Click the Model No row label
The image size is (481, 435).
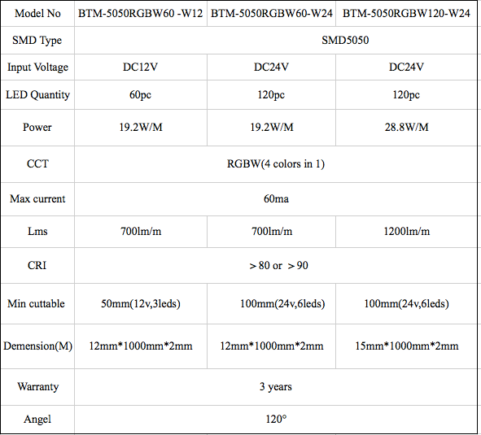[x=37, y=13]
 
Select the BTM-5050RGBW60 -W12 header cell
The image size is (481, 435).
[x=141, y=13]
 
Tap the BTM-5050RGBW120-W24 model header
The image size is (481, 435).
[x=406, y=13]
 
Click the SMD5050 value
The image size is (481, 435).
[x=345, y=40]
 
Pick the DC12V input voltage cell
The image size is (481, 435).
[x=140, y=67]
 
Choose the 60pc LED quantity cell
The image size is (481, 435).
[x=140, y=95]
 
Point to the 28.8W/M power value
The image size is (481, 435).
[x=406, y=127]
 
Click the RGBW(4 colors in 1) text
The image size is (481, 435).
[x=276, y=163]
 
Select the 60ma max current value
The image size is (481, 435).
[x=276, y=199]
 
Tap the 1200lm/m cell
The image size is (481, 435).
[x=406, y=231]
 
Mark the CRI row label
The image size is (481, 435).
[x=37, y=265]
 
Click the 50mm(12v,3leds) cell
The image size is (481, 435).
[x=141, y=304]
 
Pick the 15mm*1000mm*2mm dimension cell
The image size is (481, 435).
[x=407, y=346]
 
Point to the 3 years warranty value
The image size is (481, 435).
[x=275, y=387]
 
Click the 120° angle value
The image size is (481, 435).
[x=276, y=419]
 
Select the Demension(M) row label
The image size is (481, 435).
[x=37, y=346]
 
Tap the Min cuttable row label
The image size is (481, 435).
[x=36, y=303]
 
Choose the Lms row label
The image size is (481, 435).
[x=37, y=231]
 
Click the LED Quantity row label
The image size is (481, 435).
[x=37, y=95]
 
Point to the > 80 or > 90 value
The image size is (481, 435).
[x=278, y=266]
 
